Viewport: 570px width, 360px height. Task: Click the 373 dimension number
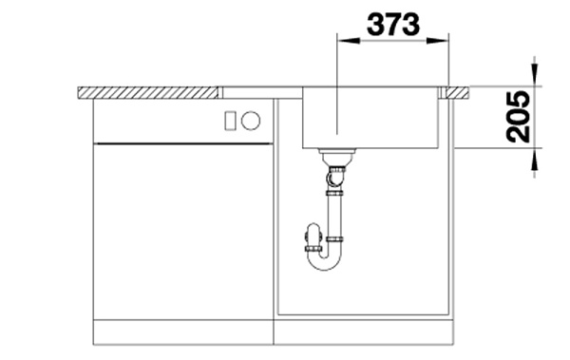393,25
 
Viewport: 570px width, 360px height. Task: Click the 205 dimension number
518,117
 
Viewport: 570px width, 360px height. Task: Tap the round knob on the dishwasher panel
251,121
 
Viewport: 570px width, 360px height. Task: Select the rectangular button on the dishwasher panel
230,121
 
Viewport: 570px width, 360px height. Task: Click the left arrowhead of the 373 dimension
349,40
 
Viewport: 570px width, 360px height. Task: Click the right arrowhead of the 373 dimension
438,40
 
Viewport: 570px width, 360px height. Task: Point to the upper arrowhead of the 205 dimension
534,75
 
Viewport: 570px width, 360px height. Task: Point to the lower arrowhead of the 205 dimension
534,160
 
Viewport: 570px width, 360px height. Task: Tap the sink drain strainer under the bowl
336,157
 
